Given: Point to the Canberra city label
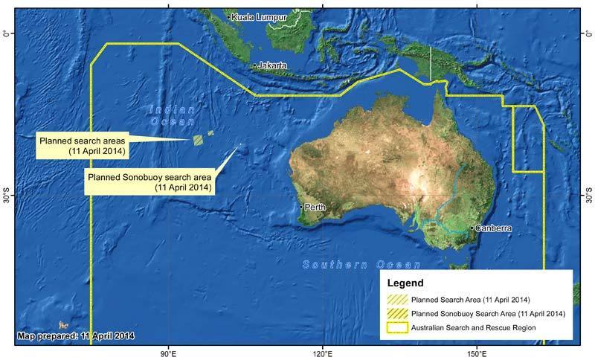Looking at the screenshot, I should pos(492,228).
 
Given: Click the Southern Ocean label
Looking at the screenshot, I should pos(361,265).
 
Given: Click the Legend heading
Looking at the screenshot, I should pos(406,283).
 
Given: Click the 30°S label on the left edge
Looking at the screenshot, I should pos(6,198).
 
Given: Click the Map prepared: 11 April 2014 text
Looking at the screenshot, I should pos(76,336).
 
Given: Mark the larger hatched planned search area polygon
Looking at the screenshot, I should pos(199,139).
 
